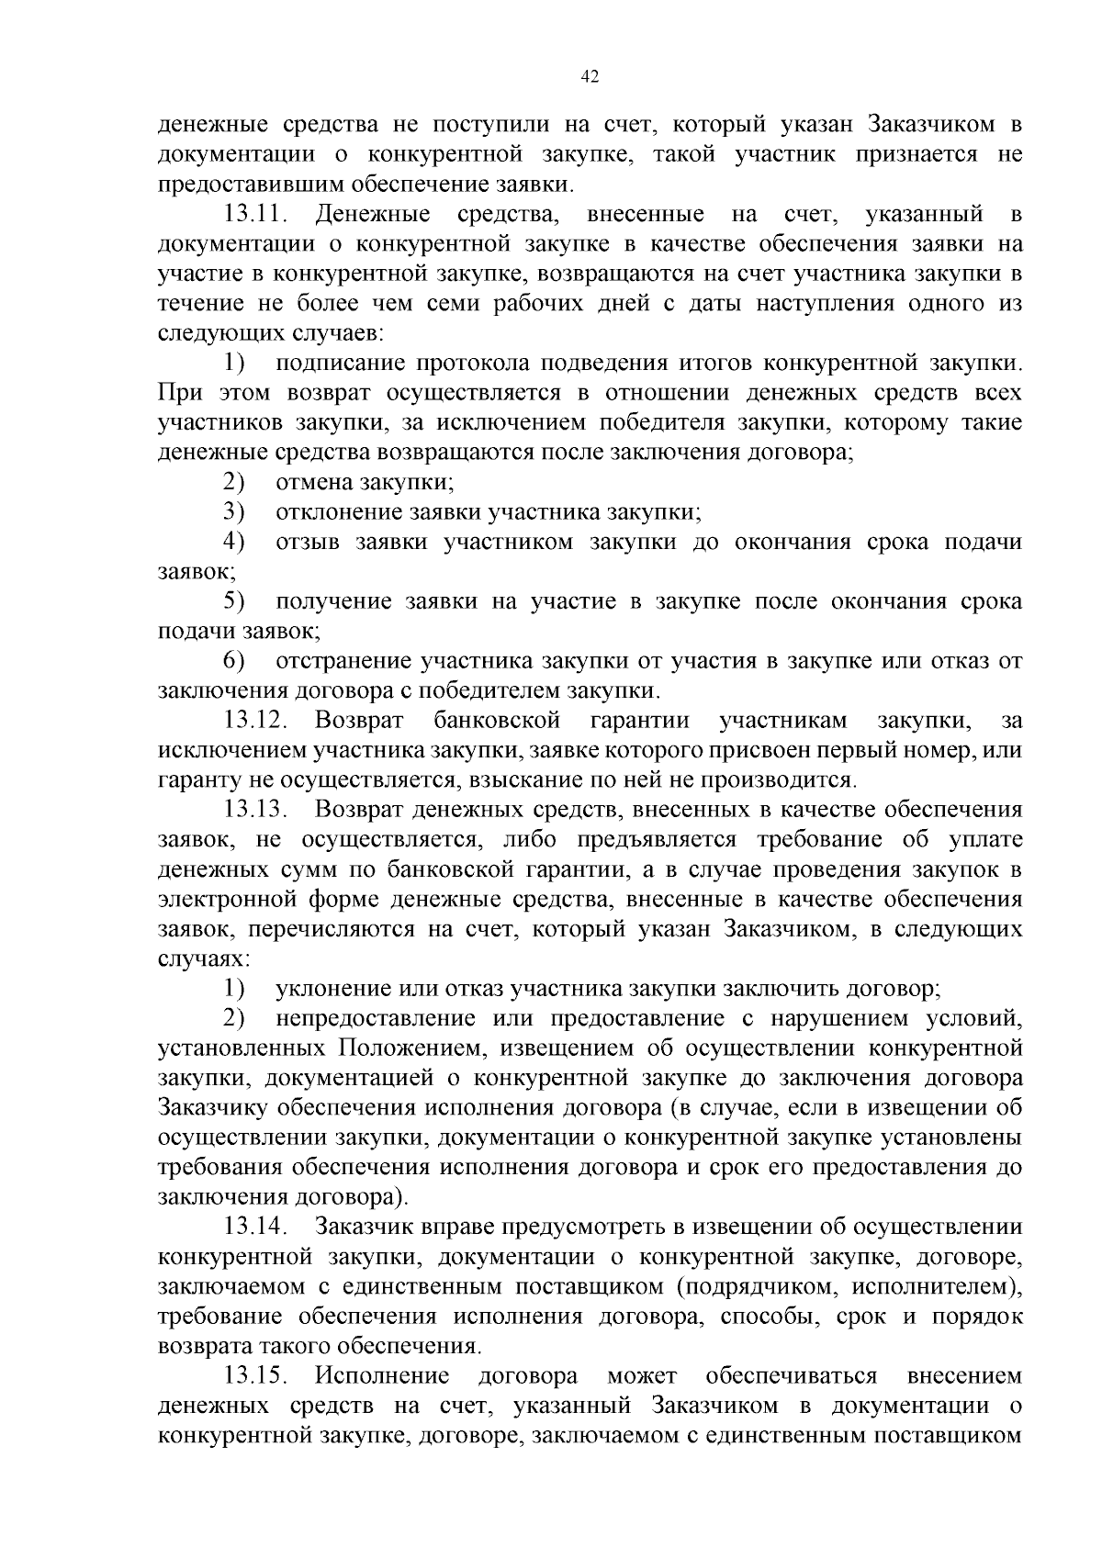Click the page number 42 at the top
[590, 78]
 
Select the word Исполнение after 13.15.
[382, 1375]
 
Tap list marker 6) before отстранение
[234, 661]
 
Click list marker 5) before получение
[234, 601]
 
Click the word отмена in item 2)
[315, 482]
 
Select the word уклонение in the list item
[334, 989]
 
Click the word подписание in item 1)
[339, 364]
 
